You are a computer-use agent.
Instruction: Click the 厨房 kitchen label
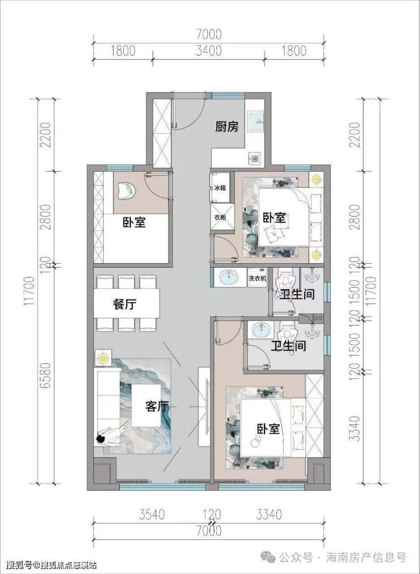click(x=226, y=126)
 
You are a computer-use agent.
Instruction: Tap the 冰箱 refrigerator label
click(x=220, y=188)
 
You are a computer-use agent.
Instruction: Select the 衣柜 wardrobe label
click(x=220, y=217)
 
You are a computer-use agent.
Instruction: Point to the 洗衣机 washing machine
click(x=257, y=278)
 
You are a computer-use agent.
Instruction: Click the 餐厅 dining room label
click(x=125, y=304)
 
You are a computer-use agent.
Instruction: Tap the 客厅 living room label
click(x=157, y=406)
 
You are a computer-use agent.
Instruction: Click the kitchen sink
click(x=255, y=121)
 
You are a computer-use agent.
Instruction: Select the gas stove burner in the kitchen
click(x=255, y=158)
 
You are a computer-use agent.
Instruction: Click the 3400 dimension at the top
click(x=208, y=50)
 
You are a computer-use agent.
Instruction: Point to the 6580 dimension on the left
click(x=46, y=375)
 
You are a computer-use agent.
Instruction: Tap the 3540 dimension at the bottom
click(x=152, y=514)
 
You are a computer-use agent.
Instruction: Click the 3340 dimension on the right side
click(x=355, y=428)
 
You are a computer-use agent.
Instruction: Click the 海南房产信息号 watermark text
click(x=366, y=558)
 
